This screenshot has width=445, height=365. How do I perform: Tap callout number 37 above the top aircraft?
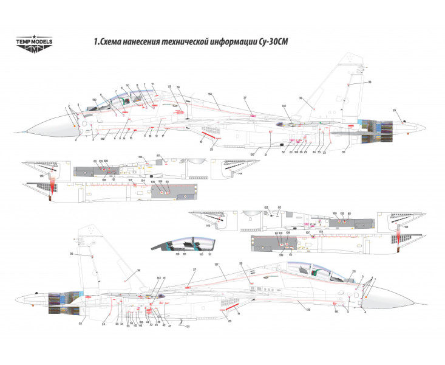click(245, 98)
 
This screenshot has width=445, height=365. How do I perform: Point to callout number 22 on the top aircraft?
click(169, 87)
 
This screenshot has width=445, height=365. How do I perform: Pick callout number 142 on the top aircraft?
click(284, 106)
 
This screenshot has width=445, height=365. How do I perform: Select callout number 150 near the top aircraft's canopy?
click(95, 99)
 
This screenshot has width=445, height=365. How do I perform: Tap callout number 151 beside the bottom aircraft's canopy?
click(354, 272)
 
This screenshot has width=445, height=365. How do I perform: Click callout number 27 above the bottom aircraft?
click(195, 269)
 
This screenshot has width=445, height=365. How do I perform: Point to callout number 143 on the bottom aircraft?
click(158, 278)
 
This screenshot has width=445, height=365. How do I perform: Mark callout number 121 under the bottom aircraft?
click(188, 327)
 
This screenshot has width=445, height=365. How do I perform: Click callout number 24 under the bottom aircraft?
click(104, 324)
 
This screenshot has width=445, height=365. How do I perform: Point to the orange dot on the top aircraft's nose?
click(75, 125)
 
